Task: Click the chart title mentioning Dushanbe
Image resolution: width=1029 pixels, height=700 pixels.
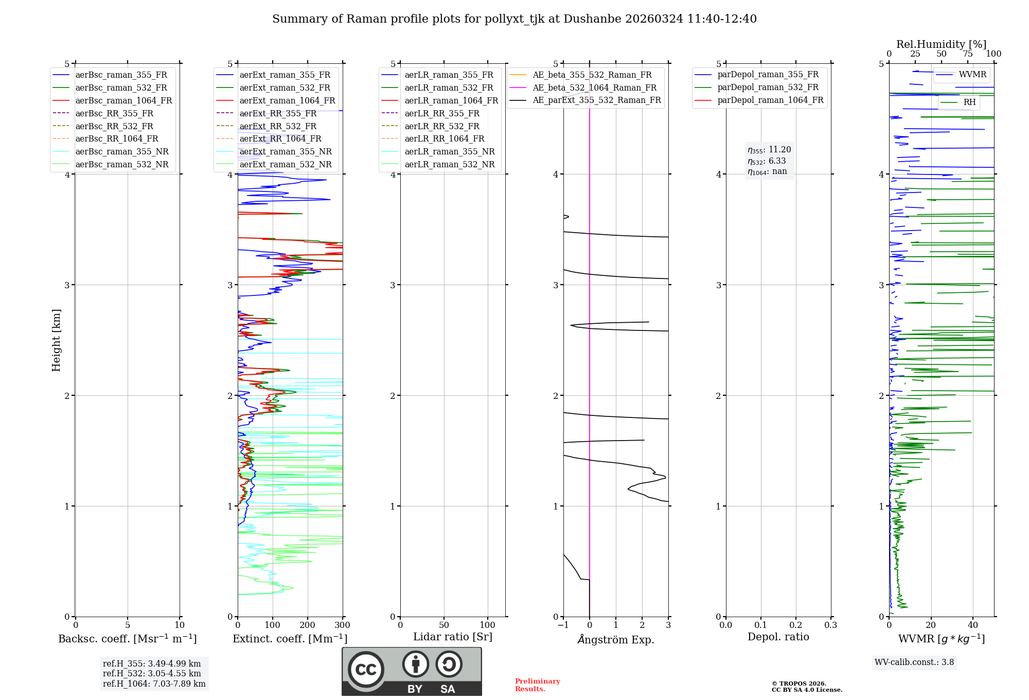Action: [514, 19]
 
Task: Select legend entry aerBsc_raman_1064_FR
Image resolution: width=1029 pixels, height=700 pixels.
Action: [123, 100]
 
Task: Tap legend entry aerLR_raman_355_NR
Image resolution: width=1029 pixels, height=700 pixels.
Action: [449, 151]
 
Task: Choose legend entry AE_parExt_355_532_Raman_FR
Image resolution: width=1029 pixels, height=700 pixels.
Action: [596, 100]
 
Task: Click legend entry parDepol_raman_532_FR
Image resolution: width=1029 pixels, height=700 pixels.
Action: [768, 87]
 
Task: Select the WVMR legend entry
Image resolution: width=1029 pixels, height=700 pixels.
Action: [972, 75]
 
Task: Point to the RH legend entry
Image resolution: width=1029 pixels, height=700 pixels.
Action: [969, 102]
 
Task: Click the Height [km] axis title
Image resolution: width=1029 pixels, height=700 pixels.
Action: [56, 340]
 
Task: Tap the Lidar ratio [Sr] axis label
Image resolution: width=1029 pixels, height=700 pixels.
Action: [453, 637]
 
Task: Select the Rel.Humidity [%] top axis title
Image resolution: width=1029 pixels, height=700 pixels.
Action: [941, 44]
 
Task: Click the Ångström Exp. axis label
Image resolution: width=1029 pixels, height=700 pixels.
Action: [616, 639]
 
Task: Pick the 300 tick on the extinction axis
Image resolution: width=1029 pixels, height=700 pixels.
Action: [343, 625]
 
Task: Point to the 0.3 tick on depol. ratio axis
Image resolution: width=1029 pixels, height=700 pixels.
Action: [831, 625]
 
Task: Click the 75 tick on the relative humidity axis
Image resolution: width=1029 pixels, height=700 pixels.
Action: [968, 54]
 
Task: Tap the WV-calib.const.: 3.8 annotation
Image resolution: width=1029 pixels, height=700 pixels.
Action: [914, 662]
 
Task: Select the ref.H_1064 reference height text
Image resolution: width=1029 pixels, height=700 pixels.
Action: [154, 684]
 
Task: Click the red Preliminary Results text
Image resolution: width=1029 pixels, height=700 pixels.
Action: [537, 685]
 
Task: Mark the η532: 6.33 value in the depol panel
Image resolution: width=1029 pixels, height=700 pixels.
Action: [767, 161]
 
